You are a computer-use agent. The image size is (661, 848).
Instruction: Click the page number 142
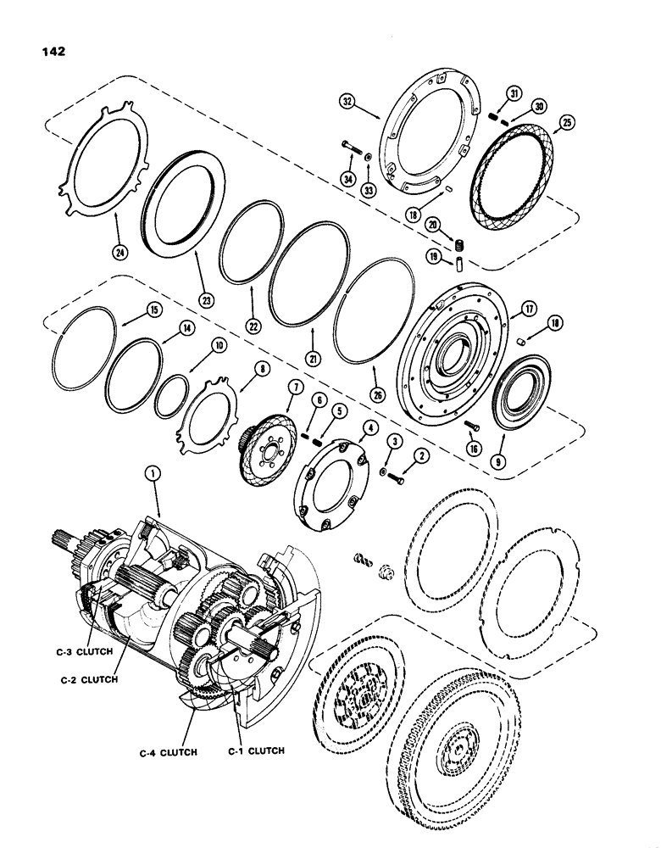tap(52, 49)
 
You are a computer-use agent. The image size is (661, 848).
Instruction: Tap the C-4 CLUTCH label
tap(169, 751)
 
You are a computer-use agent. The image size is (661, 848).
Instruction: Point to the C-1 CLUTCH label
tap(255, 750)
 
